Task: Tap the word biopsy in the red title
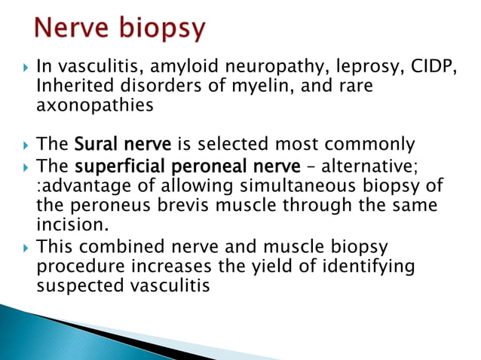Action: click(x=163, y=29)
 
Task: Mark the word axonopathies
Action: click(x=94, y=106)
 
